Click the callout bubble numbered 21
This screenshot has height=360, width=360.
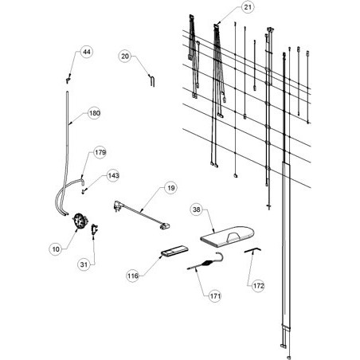pyautogui.click(x=248, y=7)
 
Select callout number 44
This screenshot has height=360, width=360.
pyautogui.click(x=87, y=52)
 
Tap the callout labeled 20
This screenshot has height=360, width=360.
pyautogui.click(x=125, y=56)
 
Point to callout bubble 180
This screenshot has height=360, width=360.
pyautogui.click(x=94, y=113)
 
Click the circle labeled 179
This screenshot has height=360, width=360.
pyautogui.click(x=100, y=152)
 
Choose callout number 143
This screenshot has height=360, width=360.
pyautogui.click(x=113, y=175)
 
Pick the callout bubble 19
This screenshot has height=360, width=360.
pyautogui.click(x=170, y=188)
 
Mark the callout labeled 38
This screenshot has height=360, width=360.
pyautogui.click(x=196, y=209)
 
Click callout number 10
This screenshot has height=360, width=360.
pyautogui.click(x=56, y=249)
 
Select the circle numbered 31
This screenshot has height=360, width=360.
pyautogui.click(x=84, y=264)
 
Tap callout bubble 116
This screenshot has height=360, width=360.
pyautogui.click(x=133, y=276)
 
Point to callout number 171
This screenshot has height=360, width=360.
pyautogui.click(x=215, y=295)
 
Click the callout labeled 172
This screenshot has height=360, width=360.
pyautogui.click(x=258, y=286)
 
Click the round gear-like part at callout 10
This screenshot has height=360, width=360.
pyautogui.click(x=80, y=221)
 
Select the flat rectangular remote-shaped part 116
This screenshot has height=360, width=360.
pyautogui.click(x=174, y=251)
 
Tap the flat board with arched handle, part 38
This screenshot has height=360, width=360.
pyautogui.click(x=227, y=237)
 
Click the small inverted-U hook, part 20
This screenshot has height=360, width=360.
pyautogui.click(x=151, y=80)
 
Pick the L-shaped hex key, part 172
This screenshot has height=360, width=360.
pyautogui.click(x=252, y=250)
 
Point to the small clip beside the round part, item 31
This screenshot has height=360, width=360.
pyautogui.click(x=94, y=229)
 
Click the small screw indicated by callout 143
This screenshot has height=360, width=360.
pyautogui.click(x=83, y=191)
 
